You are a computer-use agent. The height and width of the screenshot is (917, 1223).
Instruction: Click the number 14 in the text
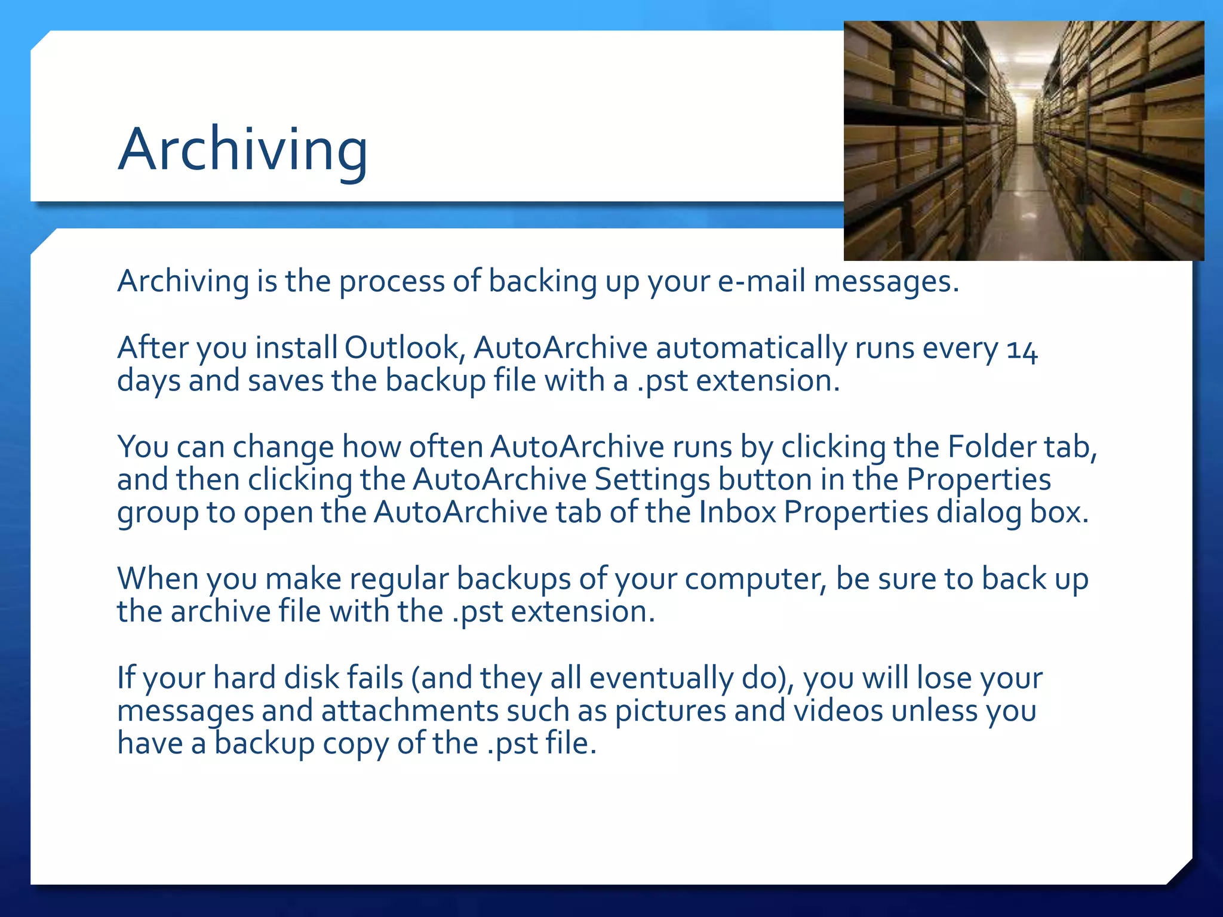point(1022,350)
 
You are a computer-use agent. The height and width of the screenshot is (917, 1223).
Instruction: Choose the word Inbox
point(737,512)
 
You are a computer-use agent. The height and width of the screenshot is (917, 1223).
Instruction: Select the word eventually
point(661,678)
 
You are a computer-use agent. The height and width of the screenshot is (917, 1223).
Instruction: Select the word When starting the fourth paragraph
point(158,578)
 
